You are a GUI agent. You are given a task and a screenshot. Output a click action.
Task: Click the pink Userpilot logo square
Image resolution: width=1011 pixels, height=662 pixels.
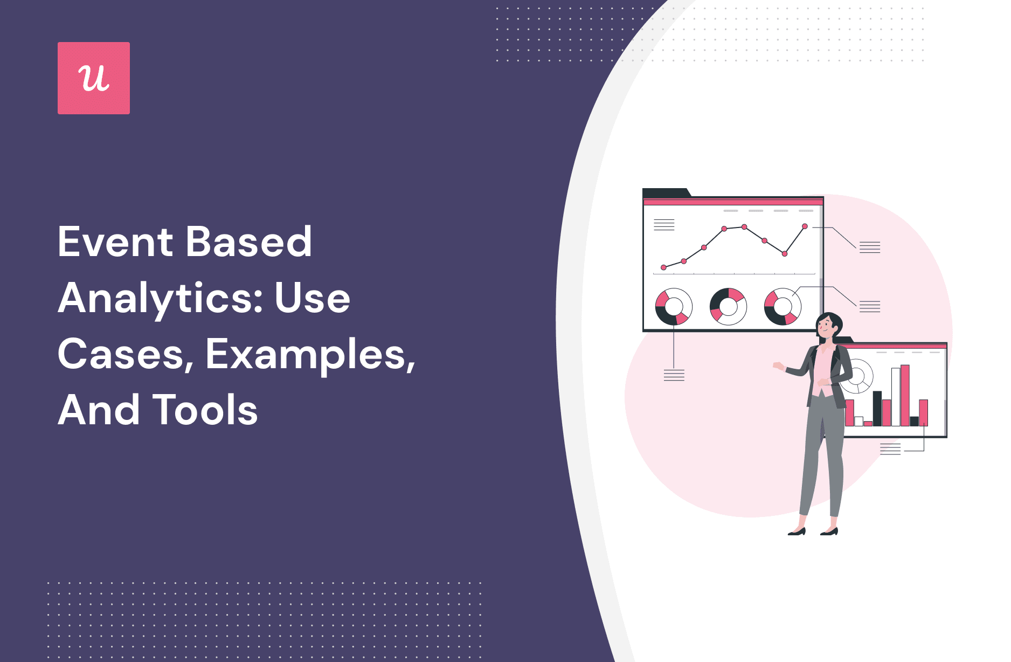(94, 78)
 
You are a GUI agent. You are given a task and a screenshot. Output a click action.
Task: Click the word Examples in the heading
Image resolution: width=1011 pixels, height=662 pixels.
(310, 355)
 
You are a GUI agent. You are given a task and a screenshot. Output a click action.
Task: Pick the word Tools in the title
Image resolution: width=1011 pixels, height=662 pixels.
(205, 410)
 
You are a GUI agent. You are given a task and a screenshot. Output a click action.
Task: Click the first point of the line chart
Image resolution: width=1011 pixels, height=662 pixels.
(663, 267)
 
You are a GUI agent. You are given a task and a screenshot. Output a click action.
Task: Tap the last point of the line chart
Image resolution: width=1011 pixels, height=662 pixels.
(805, 226)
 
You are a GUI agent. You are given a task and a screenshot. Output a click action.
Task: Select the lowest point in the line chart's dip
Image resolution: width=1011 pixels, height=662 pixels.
(785, 253)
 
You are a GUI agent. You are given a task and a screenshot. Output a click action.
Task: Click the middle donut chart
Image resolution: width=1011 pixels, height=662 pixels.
(728, 306)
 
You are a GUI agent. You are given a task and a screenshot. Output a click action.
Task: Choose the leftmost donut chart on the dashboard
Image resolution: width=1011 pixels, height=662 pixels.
(674, 306)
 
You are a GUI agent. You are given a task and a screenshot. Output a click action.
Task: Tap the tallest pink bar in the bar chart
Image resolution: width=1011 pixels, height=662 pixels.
(905, 395)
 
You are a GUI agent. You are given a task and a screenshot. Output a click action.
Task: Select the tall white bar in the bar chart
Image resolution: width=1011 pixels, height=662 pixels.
(896, 397)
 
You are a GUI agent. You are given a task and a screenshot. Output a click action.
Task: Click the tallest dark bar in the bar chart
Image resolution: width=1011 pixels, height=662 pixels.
(877, 408)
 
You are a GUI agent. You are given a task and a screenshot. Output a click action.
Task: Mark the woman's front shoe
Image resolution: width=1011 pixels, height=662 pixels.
(797, 533)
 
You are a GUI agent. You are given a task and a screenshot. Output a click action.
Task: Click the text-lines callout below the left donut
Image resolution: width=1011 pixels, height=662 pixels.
(674, 375)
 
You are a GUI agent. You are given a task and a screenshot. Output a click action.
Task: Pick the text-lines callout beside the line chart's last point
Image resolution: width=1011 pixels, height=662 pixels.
(869, 247)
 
